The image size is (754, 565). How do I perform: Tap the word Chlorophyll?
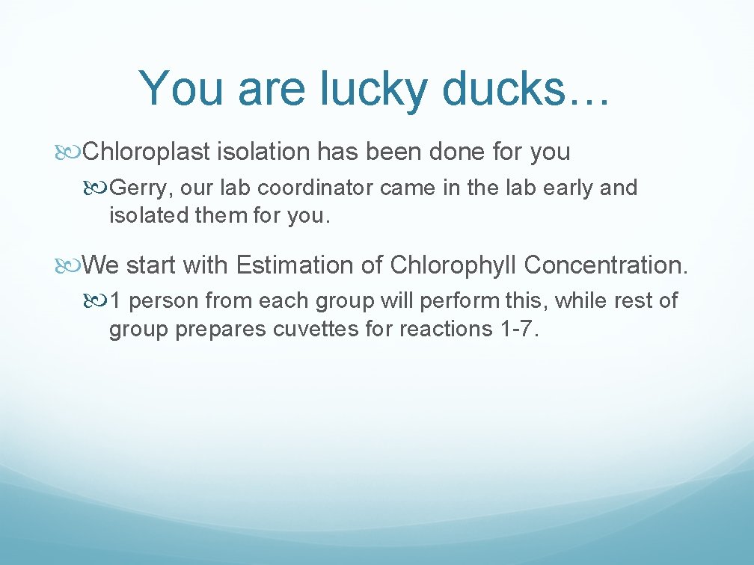point(454,265)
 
